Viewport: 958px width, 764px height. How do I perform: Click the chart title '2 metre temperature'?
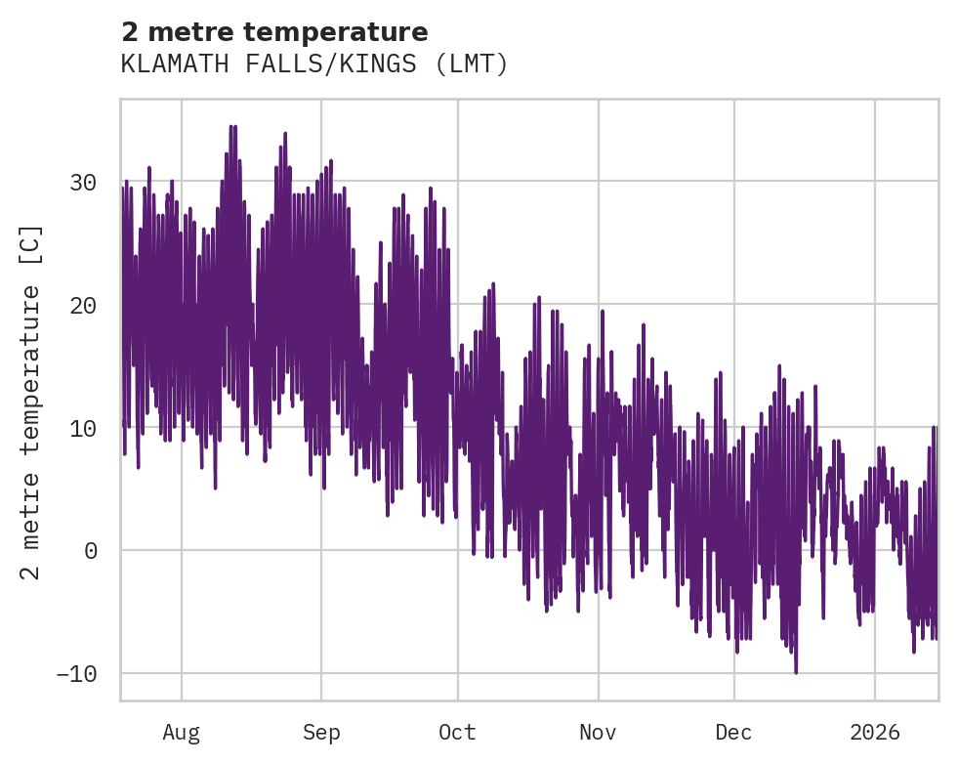274,32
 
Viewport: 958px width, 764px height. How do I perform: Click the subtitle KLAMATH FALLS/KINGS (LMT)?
314,64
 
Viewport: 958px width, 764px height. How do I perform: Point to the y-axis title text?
31,403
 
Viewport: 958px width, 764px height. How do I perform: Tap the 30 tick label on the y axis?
84,183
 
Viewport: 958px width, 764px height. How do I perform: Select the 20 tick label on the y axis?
84,306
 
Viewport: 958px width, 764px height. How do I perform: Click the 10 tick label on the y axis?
84,428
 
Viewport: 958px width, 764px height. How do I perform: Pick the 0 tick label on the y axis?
91,551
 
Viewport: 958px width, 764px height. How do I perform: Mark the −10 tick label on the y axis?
76,674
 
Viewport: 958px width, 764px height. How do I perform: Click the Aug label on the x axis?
182,732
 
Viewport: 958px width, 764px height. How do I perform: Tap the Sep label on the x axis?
320,732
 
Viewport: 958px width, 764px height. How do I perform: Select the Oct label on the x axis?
457,732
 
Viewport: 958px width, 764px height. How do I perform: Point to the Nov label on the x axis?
598,732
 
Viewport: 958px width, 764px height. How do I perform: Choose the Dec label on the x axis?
733,732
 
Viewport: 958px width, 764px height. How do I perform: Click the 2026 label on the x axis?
874,732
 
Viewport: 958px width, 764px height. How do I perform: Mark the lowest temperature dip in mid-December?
796,672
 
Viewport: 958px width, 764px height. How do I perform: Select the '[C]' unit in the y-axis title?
31,241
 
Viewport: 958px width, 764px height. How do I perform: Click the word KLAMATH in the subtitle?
162,64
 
